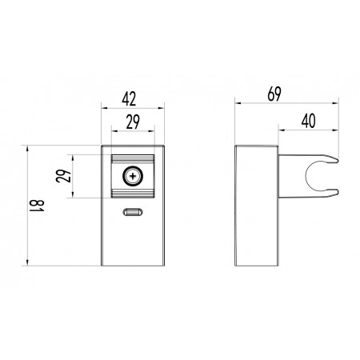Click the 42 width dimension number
point(129,98)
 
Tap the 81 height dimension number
point(37,206)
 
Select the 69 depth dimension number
point(274,94)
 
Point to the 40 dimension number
point(309,121)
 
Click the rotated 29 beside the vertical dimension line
point(64,176)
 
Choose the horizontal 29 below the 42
point(133,122)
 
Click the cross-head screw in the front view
point(133,176)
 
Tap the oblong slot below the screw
point(133,212)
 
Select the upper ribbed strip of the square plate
point(133,159)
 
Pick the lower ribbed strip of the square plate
point(133,194)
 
